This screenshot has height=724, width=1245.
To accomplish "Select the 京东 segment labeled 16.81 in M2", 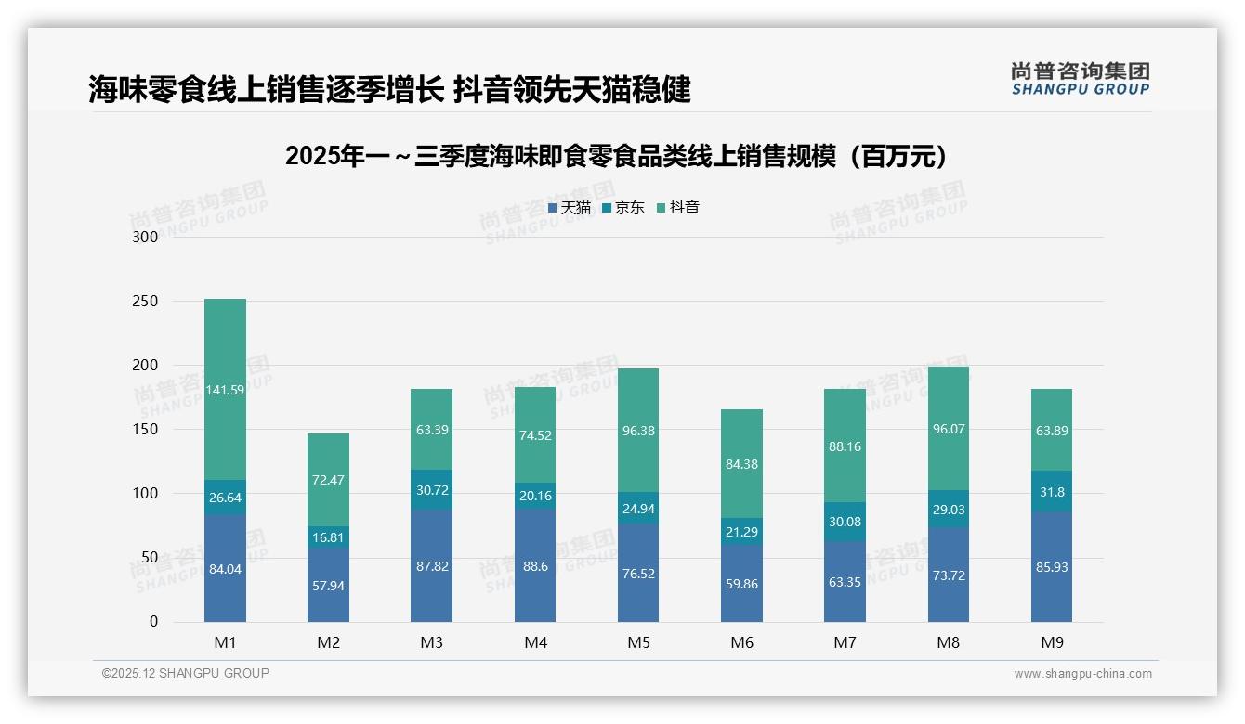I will (x=328, y=537).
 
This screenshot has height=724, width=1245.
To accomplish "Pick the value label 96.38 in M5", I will (x=637, y=432).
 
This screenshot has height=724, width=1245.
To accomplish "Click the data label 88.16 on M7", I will (x=845, y=446).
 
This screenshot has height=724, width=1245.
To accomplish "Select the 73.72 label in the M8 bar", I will (x=948, y=575).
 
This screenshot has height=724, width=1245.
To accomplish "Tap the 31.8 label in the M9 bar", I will (x=1052, y=492).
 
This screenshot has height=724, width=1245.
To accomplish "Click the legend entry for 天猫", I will (x=570, y=208).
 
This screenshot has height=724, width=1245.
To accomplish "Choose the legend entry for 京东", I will (x=623, y=208).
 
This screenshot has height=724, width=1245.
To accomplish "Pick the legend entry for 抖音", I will (x=678, y=208).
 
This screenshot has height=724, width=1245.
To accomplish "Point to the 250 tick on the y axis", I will (x=146, y=302).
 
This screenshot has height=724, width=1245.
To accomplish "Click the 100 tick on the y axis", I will (x=146, y=494).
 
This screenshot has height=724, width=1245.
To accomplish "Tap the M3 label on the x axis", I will (x=432, y=642).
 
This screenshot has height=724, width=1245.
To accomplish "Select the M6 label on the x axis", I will (x=741, y=642).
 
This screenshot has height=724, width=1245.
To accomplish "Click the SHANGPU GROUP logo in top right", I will (x=1080, y=79).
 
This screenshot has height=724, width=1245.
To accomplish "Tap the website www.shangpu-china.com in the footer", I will (x=1082, y=674).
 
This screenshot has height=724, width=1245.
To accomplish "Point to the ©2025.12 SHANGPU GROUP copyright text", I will (x=186, y=673).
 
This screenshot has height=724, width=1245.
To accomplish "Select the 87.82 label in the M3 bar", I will (x=432, y=566).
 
